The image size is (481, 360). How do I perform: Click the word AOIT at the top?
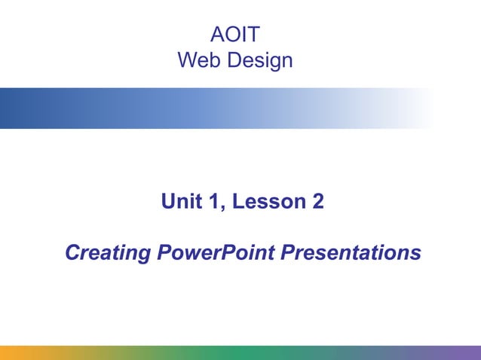tap(235, 35)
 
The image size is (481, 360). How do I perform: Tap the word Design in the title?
tap(258, 59)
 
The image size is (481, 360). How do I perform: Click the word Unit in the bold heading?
tap(179, 202)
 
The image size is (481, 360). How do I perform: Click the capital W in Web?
tap(188, 59)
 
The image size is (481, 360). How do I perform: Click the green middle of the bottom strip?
tap(240, 352)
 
